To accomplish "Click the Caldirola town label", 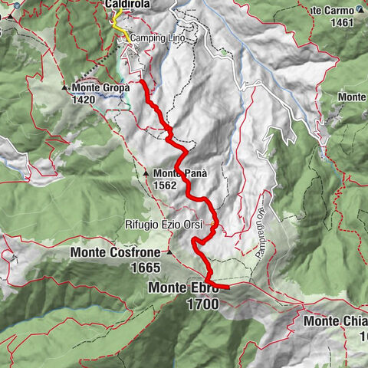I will pos(127,5).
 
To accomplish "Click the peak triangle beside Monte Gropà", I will pos(66,87).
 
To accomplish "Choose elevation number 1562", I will pos(165,185).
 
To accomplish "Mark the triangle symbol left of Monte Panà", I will pos(146,173).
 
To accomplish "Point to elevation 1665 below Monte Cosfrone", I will pos(144,268).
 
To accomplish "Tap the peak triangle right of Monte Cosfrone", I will pos(169,251).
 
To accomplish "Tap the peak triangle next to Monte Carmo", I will pos(360,10).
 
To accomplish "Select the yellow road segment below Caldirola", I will pos(119,24).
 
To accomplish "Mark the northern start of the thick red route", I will pos(143,80).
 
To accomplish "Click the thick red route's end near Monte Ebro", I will pos(228,287).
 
